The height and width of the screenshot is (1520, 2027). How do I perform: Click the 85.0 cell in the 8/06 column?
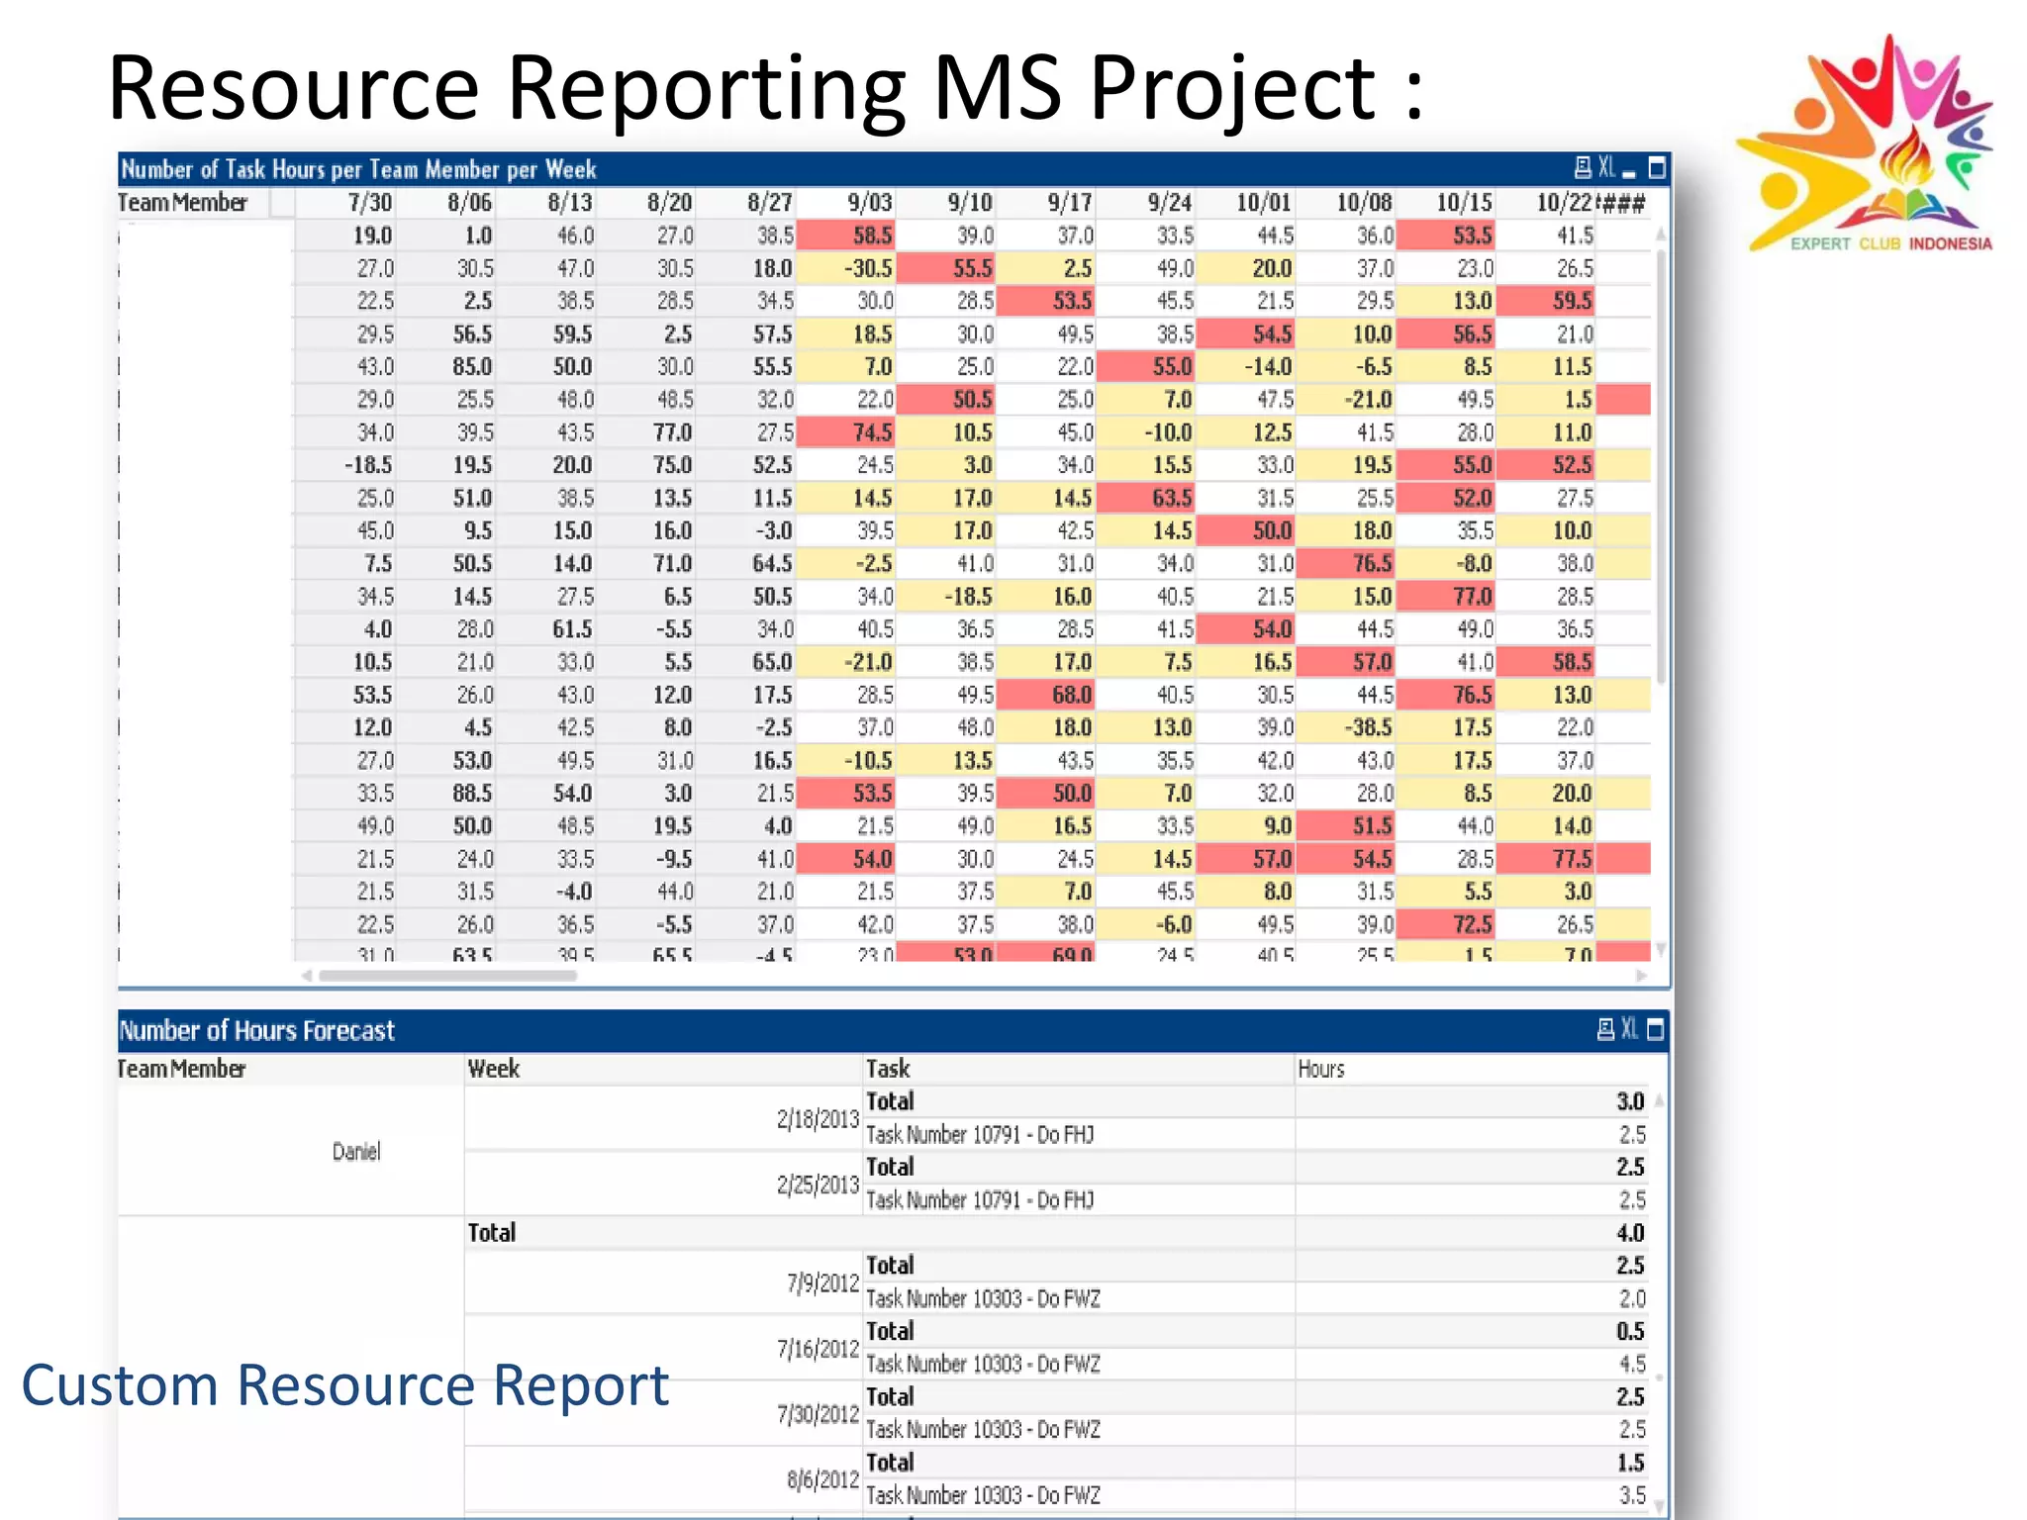click(x=472, y=367)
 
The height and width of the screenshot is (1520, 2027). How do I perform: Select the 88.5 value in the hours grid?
click(x=472, y=794)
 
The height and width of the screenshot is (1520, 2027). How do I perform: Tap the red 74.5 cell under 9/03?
click(x=871, y=432)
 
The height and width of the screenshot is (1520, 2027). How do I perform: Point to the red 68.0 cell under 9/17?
click(x=1071, y=695)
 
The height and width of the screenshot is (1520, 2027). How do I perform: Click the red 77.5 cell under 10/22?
click(x=1572, y=859)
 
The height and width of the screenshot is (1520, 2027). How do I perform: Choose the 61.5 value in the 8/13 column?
click(x=572, y=629)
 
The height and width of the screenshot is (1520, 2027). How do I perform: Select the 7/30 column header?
click(x=370, y=203)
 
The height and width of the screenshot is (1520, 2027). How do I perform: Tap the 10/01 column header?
click(x=1263, y=203)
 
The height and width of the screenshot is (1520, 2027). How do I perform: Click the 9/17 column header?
click(x=1070, y=203)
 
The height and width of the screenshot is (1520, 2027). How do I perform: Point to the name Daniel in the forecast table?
click(x=356, y=1151)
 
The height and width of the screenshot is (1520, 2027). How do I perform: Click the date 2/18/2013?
click(x=818, y=1119)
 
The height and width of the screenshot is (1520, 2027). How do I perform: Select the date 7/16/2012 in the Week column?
click(x=818, y=1349)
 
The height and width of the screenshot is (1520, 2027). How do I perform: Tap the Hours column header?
click(x=1321, y=1069)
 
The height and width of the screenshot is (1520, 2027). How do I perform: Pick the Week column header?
click(x=493, y=1069)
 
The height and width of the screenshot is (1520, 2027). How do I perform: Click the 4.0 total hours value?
click(x=1629, y=1233)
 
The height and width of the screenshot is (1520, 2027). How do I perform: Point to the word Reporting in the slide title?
click(x=706, y=89)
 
